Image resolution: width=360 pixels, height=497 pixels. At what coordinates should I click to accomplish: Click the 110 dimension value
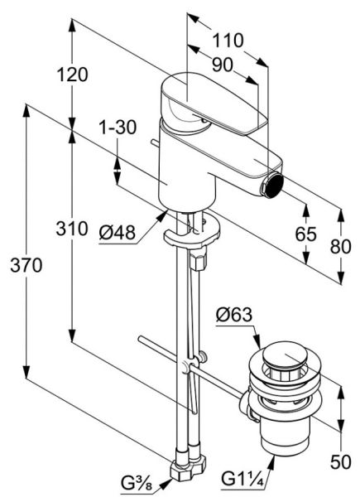point(228,41)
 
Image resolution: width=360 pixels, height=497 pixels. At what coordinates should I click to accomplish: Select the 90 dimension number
point(223,65)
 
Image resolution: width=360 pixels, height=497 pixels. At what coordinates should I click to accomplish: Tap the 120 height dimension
point(72,75)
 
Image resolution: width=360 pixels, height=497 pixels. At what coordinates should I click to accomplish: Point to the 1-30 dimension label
point(118,127)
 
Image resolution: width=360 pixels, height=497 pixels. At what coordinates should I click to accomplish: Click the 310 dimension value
point(72,229)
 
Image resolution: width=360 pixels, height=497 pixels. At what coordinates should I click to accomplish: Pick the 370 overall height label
point(26,265)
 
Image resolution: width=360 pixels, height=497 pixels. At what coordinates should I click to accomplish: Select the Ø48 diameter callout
point(118,233)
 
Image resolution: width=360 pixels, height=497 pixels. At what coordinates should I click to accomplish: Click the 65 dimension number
point(306,234)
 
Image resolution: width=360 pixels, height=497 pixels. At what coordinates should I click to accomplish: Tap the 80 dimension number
point(341,246)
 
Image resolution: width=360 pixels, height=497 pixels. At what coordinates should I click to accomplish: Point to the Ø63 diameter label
point(234,315)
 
